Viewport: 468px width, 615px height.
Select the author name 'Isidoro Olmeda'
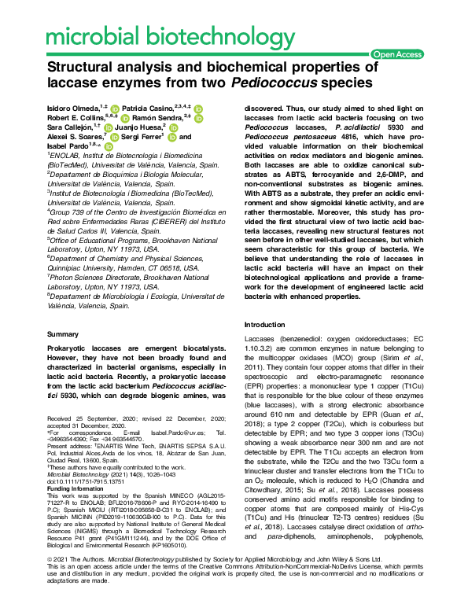coord(79,106)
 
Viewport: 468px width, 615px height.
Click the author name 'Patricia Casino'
coord(156,106)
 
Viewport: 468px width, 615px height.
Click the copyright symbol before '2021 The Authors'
coord(50,580)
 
